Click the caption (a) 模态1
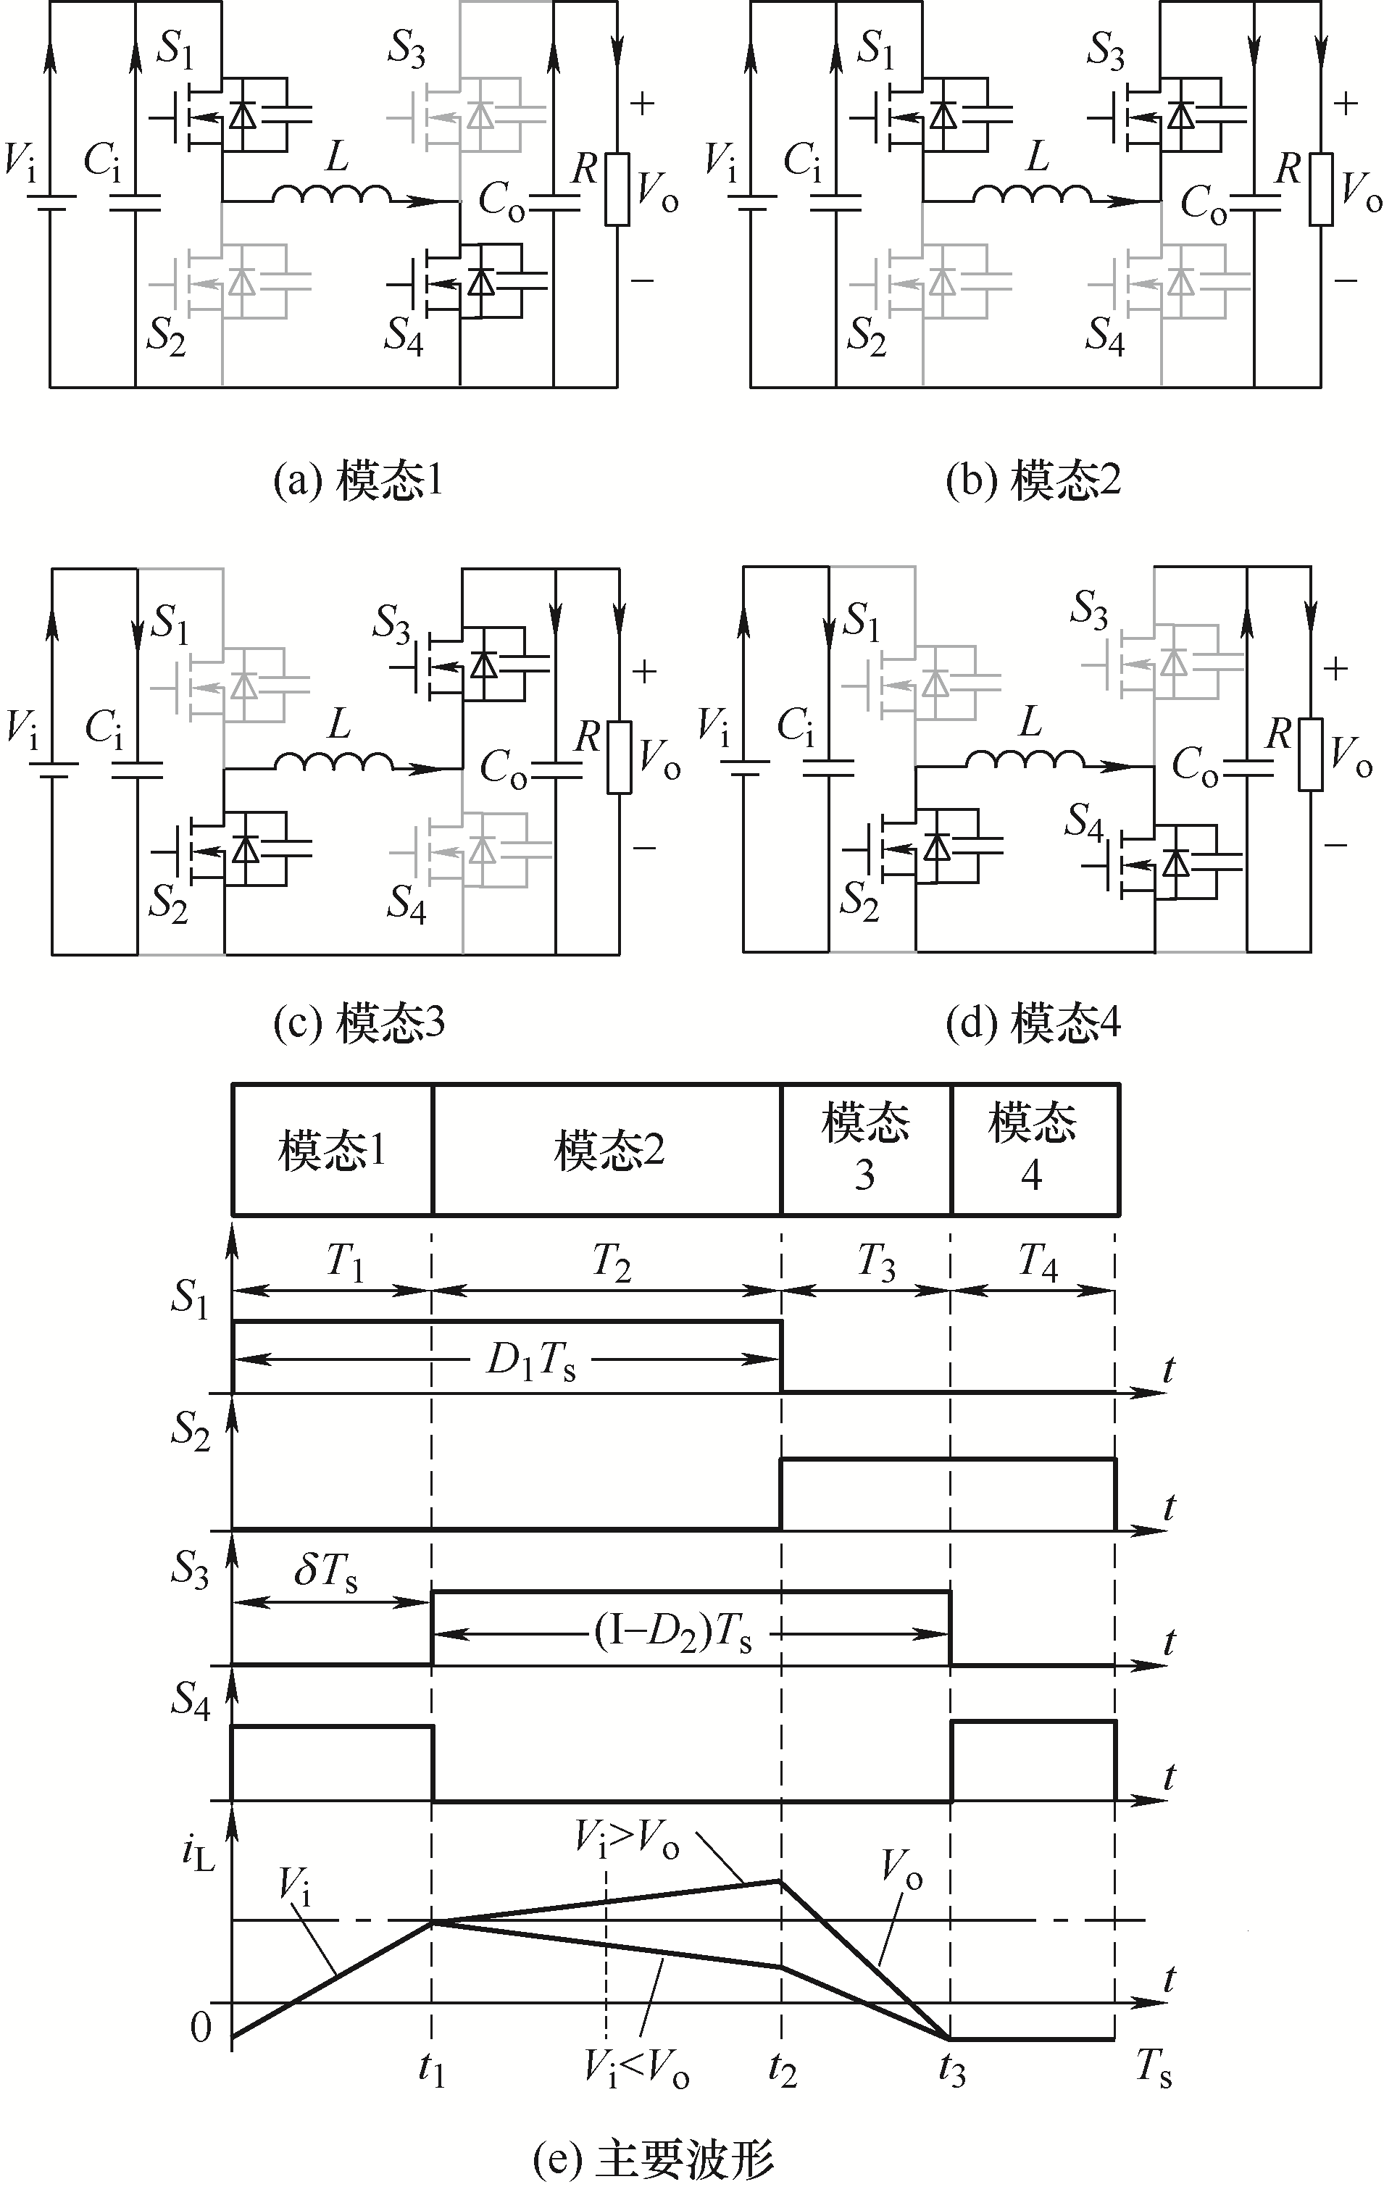click(x=359, y=481)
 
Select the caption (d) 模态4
click(x=1033, y=1023)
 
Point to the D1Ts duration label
click(x=530, y=1362)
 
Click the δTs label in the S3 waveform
click(x=325, y=1574)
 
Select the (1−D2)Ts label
click(x=673, y=1635)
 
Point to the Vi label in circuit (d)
click(x=714, y=727)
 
